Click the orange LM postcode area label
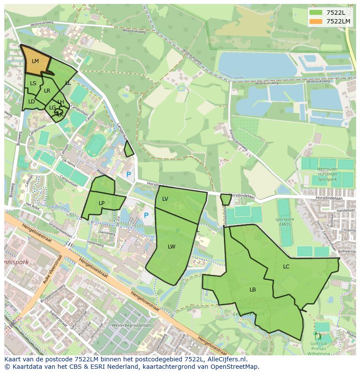click(x=35, y=61)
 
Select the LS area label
click(x=33, y=83)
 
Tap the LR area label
click(x=47, y=91)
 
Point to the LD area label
click(x=31, y=102)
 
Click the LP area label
click(x=102, y=203)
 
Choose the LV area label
click(x=165, y=199)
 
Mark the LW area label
click(x=172, y=246)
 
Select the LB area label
click(x=253, y=289)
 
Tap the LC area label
click(x=286, y=266)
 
